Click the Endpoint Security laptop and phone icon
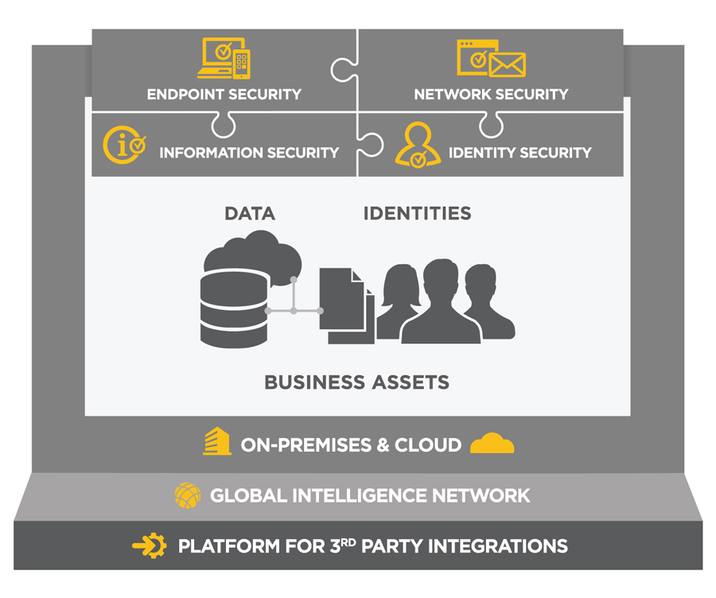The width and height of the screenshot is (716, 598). pos(224,58)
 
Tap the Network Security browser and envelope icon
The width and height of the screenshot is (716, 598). pos(491,58)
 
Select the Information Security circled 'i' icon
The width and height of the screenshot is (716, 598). pos(124,145)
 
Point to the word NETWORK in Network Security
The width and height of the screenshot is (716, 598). pos(453,95)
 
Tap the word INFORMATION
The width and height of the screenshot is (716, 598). pos(211,153)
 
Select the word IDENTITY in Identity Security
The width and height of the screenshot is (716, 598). pos(482,153)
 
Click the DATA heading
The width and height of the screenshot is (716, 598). pos(250,214)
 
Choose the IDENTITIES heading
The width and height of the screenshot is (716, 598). pos(418,214)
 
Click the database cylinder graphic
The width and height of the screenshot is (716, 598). pos(234,309)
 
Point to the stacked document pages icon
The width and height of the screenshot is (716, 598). pos(347,306)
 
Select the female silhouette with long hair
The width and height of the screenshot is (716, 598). pos(399,301)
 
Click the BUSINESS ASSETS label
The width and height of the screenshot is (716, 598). pos(357,382)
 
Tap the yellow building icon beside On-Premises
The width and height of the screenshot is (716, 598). pos(217,441)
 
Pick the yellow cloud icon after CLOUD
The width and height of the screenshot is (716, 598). pos(492,443)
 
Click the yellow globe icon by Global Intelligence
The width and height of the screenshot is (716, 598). pos(188,495)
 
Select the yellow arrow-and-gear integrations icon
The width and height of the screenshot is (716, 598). pos(150,546)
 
